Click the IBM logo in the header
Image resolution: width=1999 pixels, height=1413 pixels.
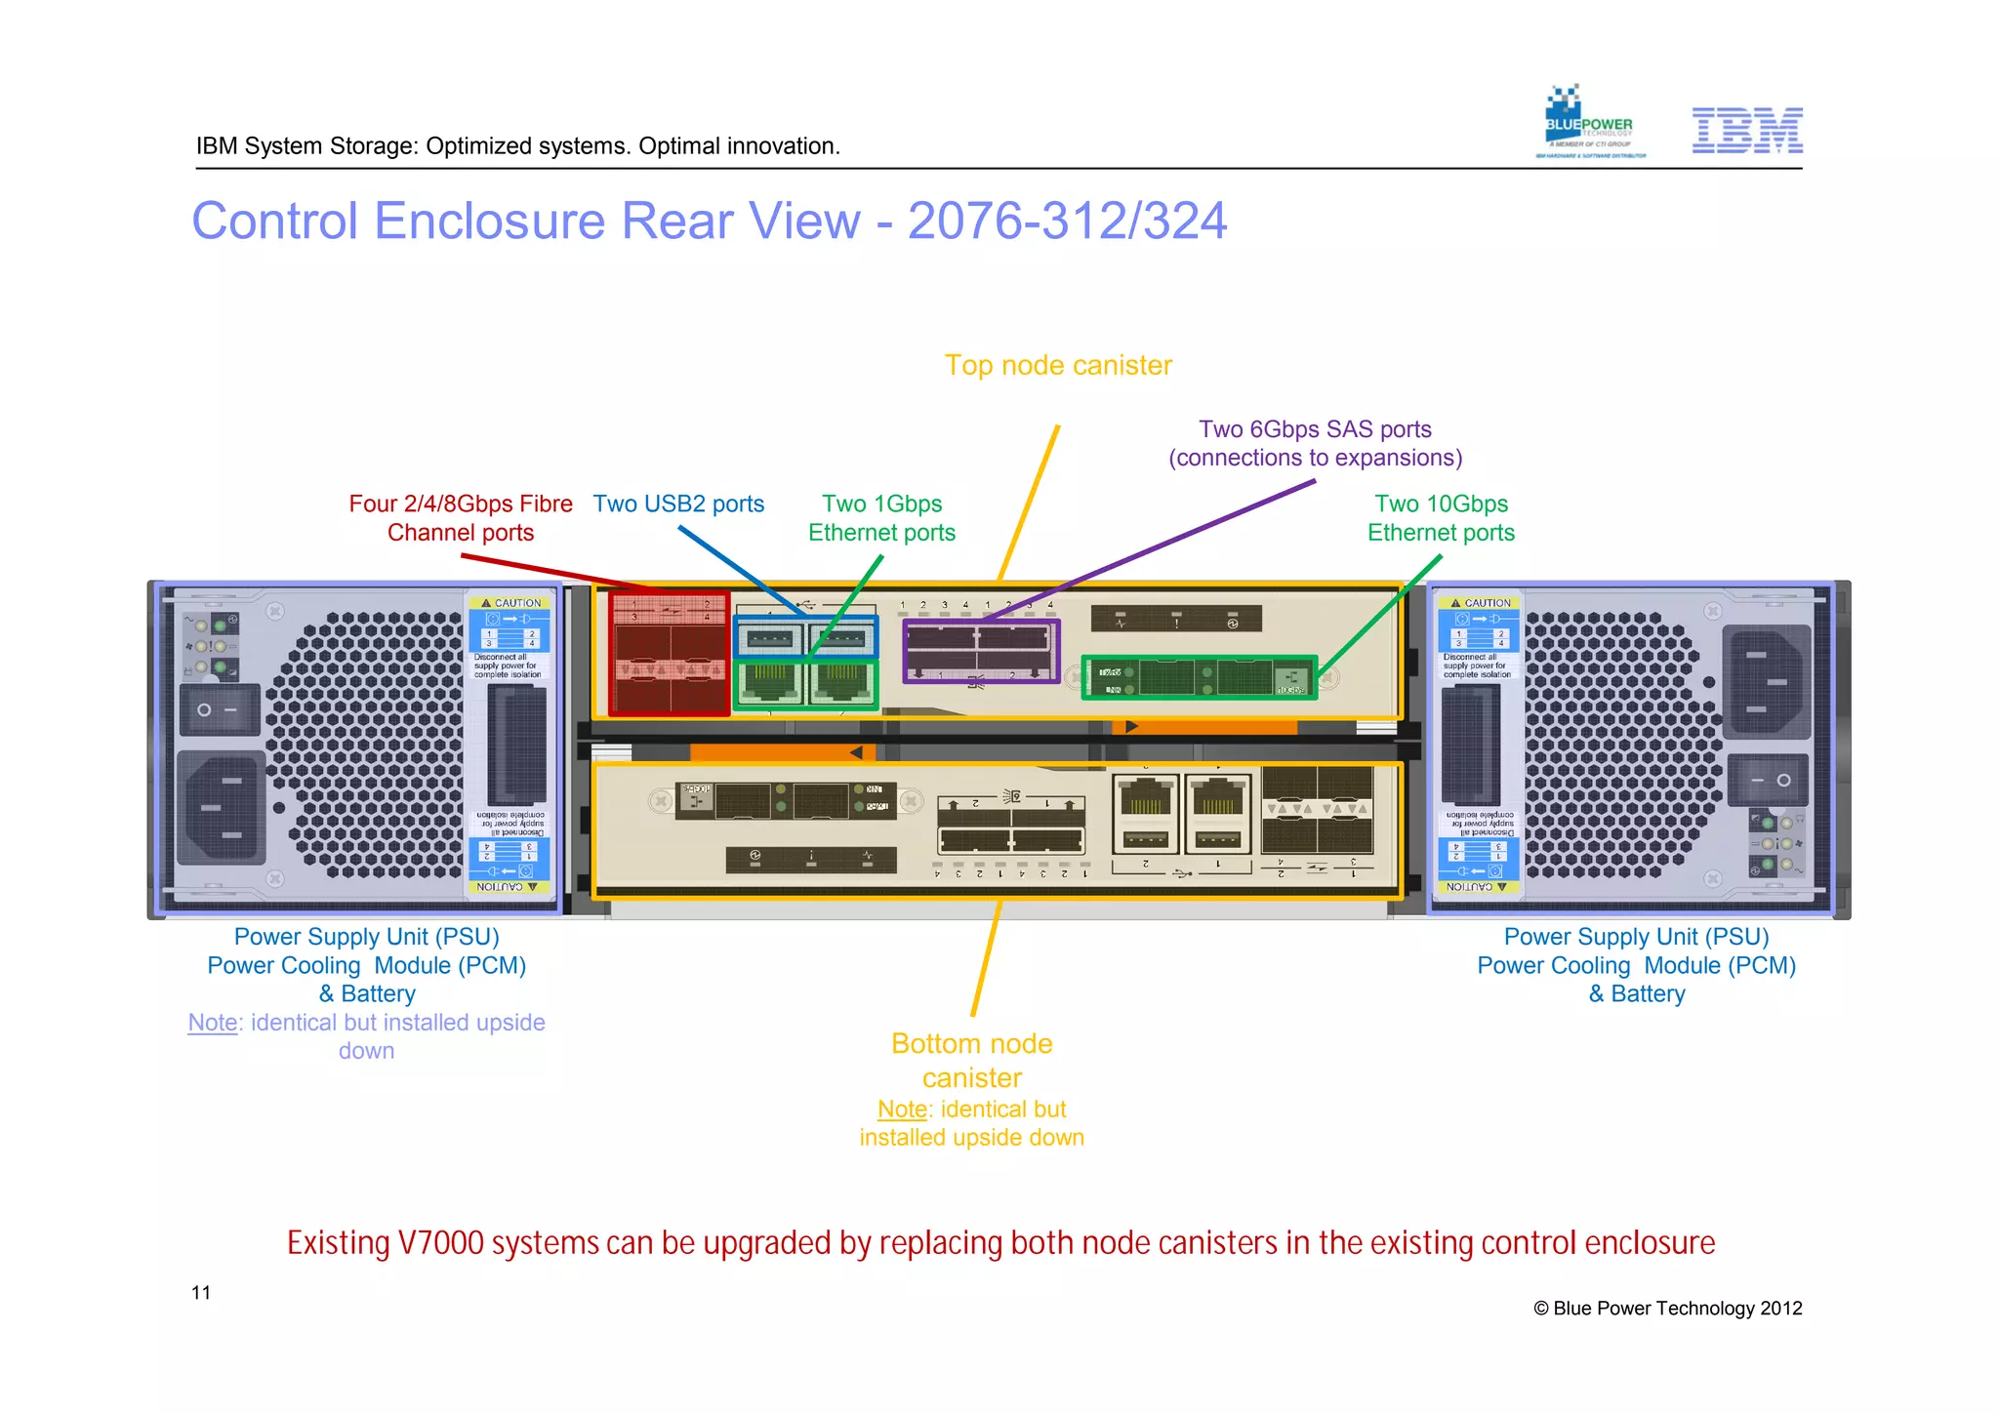tap(1746, 130)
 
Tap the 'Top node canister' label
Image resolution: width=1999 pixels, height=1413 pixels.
tap(1058, 365)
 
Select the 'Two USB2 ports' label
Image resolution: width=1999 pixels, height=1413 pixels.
tap(678, 504)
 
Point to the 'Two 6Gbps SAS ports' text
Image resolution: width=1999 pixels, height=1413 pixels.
tap(1315, 429)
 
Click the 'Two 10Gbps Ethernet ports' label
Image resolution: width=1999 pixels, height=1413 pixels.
tap(1441, 518)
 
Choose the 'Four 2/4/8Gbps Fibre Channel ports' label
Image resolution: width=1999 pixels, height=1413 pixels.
tap(461, 518)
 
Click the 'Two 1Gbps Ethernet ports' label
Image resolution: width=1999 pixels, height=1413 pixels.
tap(881, 518)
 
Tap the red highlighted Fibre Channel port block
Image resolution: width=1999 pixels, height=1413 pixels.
tap(670, 655)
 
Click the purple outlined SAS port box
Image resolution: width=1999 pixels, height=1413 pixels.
tap(981, 651)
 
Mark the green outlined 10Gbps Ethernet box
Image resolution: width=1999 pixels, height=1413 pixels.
tap(1199, 676)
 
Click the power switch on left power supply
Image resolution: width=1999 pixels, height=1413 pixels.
tap(219, 709)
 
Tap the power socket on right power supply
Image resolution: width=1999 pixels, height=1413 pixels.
tap(1766, 681)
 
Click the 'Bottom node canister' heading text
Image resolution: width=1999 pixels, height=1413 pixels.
tap(971, 1061)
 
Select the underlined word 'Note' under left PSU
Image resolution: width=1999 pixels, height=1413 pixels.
tap(213, 1023)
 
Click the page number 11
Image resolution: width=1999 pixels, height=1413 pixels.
tap(201, 1293)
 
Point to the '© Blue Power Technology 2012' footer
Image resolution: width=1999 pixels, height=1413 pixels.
tap(1667, 1309)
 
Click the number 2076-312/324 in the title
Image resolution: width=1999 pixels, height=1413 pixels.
tap(1067, 221)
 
